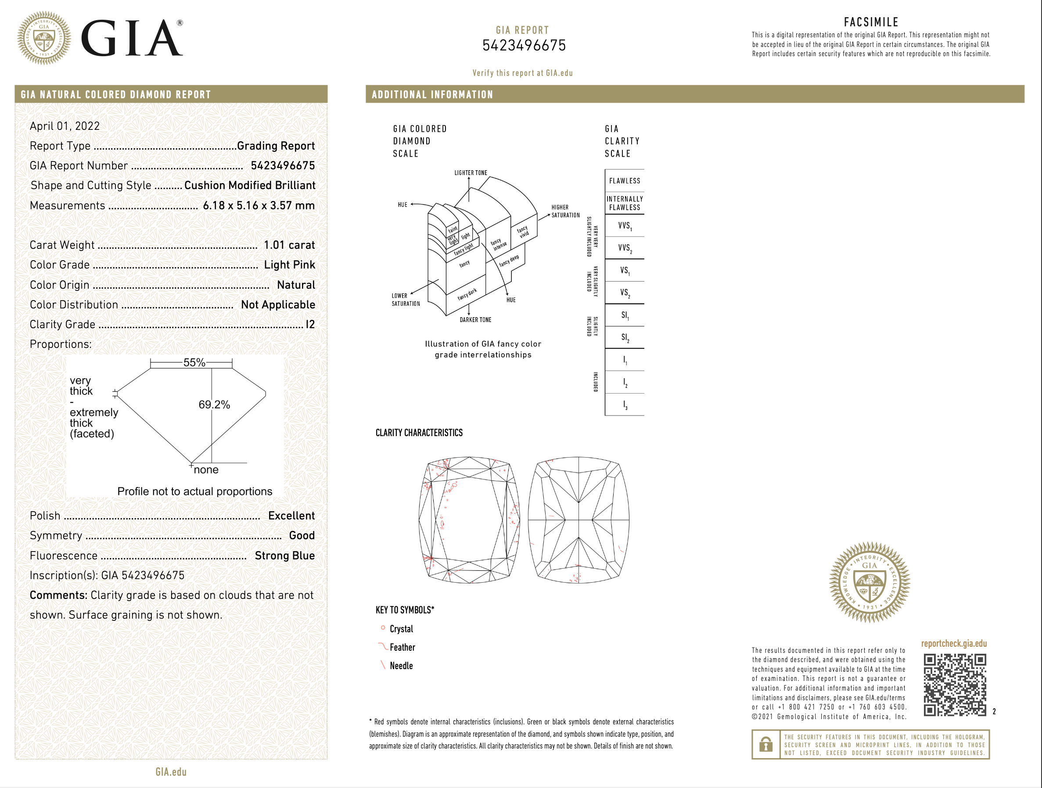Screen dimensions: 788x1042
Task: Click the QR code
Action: point(954,684)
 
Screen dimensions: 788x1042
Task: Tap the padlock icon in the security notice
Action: point(766,744)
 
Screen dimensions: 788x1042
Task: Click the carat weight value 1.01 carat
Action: point(289,245)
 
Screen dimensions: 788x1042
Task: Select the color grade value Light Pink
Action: point(289,265)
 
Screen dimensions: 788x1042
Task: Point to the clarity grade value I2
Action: point(309,324)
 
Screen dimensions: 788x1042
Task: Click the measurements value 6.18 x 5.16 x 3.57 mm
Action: point(259,205)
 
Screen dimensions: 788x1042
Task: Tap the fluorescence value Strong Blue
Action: point(284,555)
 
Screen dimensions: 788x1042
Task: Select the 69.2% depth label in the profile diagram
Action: point(214,405)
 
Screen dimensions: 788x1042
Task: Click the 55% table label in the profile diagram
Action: point(194,362)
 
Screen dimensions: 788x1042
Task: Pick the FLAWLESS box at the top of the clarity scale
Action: point(624,181)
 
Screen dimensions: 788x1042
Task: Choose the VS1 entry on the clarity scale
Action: point(625,270)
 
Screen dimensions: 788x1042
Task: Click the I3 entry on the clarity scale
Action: point(625,405)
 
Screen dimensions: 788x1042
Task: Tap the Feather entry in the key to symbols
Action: point(402,647)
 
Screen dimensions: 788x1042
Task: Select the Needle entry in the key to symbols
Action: point(401,666)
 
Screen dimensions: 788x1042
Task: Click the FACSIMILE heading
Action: point(871,22)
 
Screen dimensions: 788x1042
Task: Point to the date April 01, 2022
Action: point(65,126)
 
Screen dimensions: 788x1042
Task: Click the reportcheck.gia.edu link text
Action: point(953,643)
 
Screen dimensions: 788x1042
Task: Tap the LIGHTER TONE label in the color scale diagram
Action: point(471,173)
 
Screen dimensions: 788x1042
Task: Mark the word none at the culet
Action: point(206,469)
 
